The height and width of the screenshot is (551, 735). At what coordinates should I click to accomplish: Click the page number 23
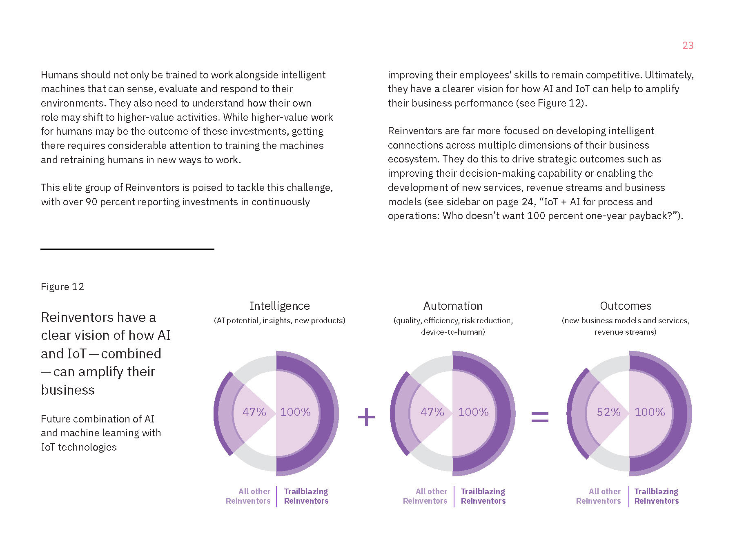(x=688, y=45)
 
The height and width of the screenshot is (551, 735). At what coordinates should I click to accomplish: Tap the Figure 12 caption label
(x=62, y=287)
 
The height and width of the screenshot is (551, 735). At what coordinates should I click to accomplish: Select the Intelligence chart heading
(x=280, y=306)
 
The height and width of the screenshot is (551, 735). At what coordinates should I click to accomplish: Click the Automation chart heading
(x=453, y=306)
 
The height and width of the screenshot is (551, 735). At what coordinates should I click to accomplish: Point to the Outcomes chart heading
(x=626, y=306)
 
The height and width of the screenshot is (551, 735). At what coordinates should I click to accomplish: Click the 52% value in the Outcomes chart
(x=608, y=412)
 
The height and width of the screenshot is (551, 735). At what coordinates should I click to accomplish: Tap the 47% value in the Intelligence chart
(x=254, y=412)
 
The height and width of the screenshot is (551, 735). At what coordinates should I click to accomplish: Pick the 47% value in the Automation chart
(x=432, y=412)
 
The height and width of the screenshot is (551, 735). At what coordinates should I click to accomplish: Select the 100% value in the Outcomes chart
(x=650, y=412)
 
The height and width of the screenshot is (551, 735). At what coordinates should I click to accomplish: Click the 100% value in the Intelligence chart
(x=295, y=412)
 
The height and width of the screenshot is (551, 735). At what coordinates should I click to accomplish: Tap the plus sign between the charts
(x=366, y=417)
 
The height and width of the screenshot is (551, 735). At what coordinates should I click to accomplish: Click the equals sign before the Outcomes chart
(x=539, y=417)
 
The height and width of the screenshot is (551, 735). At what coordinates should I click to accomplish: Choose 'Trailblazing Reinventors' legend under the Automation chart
(x=483, y=496)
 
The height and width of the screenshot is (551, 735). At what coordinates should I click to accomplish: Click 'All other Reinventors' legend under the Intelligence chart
(x=248, y=496)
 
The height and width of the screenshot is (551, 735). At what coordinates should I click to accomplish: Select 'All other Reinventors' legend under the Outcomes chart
(x=599, y=496)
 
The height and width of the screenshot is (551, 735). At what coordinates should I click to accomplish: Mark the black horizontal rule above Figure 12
(x=127, y=249)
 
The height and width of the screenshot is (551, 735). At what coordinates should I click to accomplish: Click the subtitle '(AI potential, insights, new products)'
(x=280, y=320)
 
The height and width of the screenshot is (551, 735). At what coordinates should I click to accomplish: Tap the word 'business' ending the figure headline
(x=68, y=390)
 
